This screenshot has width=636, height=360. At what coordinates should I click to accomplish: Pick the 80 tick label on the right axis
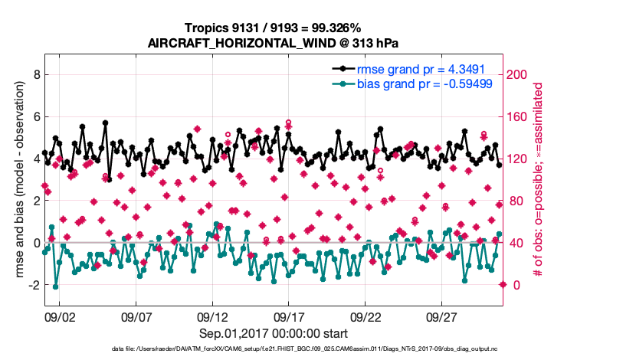[516, 201]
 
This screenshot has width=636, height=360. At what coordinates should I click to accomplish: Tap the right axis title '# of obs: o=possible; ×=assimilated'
[539, 180]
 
